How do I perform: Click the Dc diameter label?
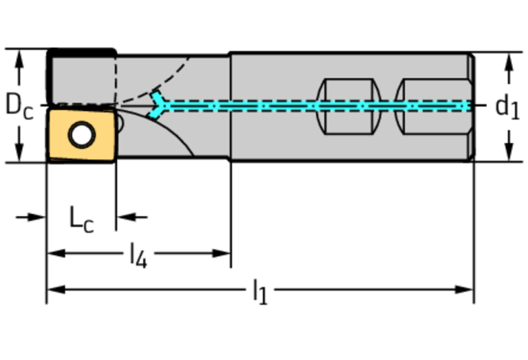pyautogui.click(x=19, y=105)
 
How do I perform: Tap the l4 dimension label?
pyautogui.click(x=138, y=255)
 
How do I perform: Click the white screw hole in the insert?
pyautogui.click(x=83, y=135)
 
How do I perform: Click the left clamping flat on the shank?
pyautogui.click(x=348, y=107)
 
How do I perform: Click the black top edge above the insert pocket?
pyautogui.click(x=81, y=52)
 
